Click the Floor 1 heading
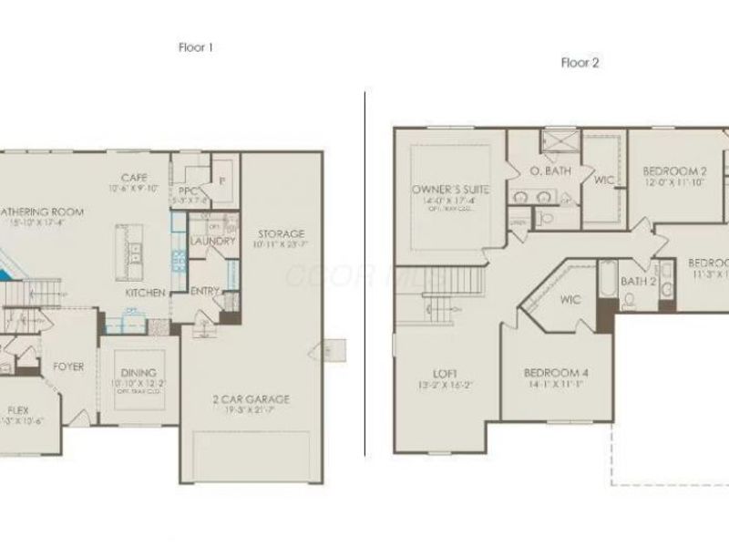(196, 46)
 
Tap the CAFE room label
(134, 177)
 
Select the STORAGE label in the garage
(281, 233)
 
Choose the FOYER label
(68, 366)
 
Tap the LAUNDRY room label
(214, 242)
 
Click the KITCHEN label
(146, 293)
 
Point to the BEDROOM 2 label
(674, 170)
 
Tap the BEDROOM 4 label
(557, 372)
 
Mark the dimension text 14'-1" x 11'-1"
(557, 385)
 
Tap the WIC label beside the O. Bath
(604, 180)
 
